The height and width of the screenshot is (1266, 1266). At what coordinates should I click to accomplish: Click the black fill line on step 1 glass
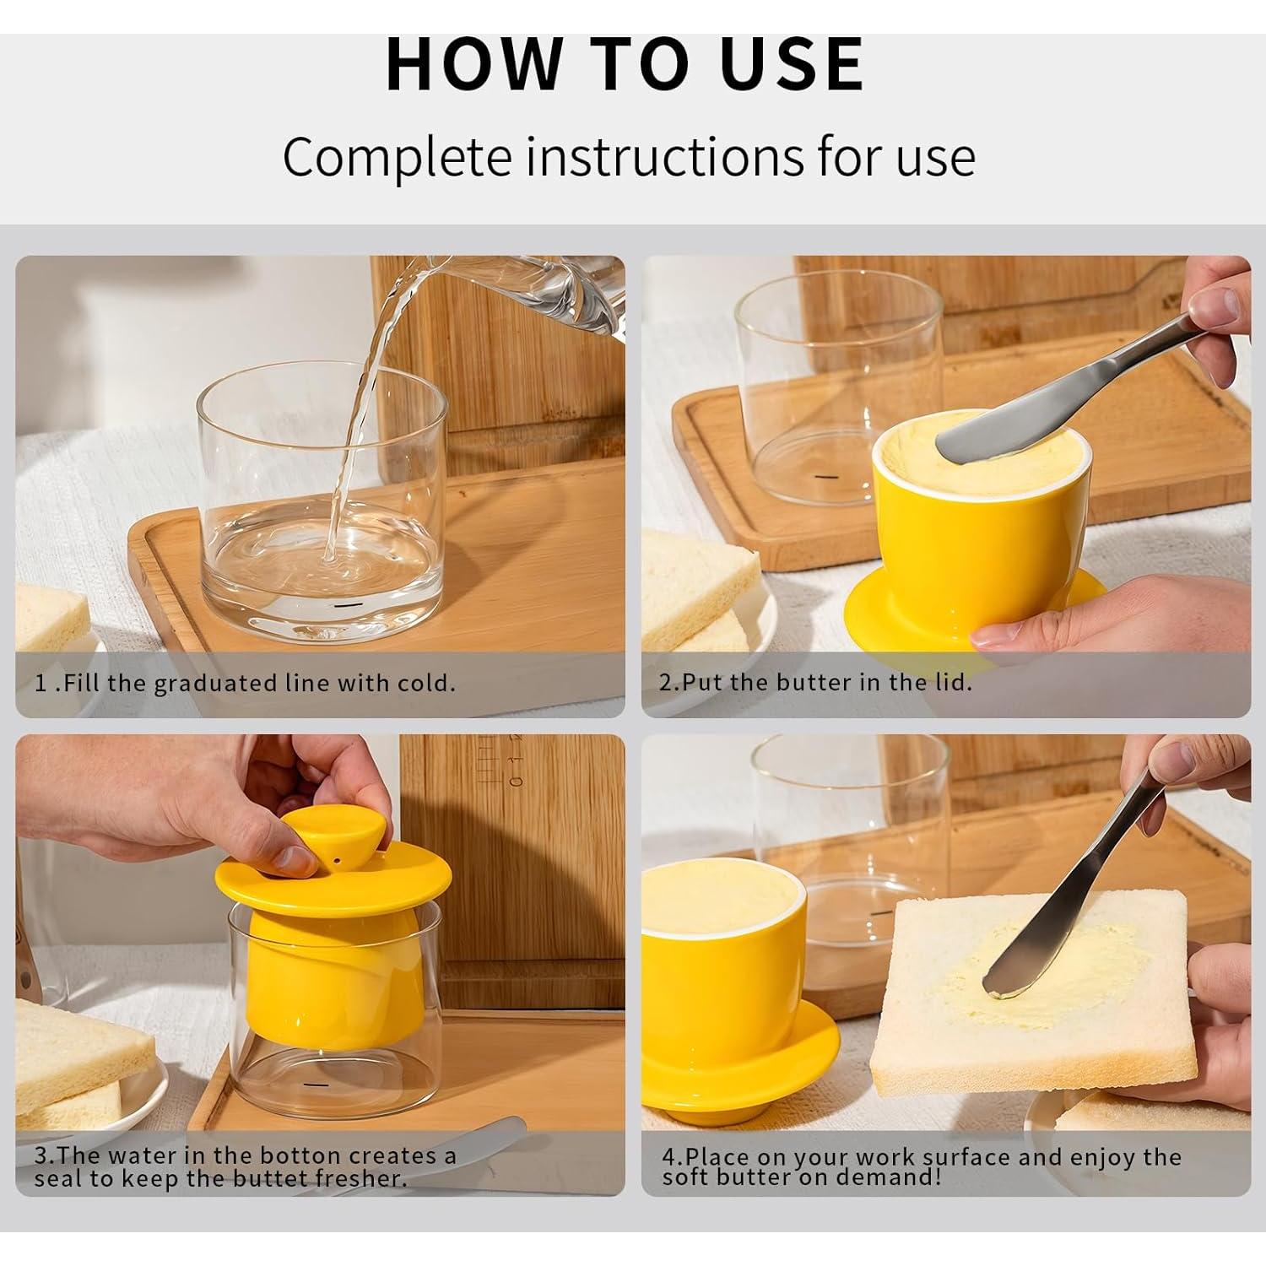pyautogui.click(x=344, y=606)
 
